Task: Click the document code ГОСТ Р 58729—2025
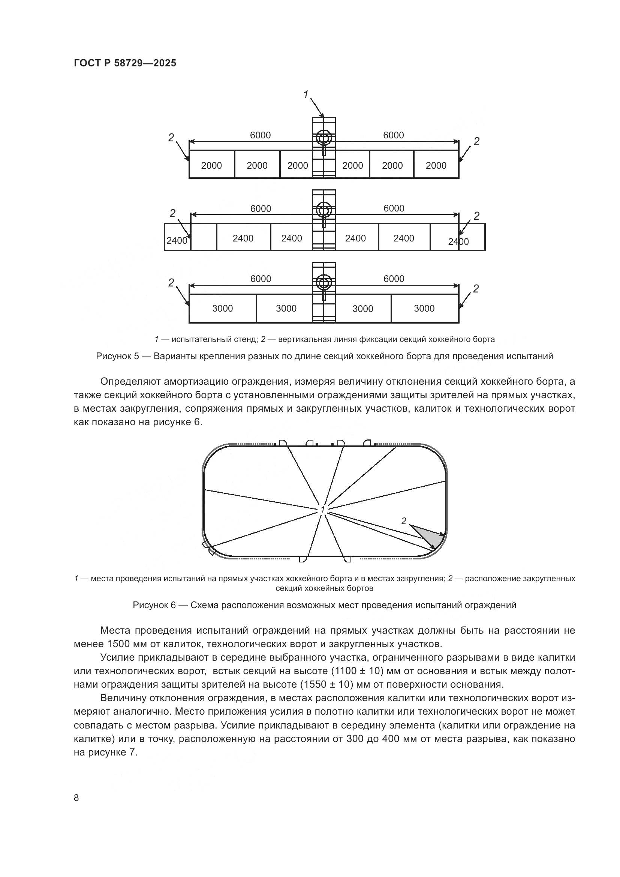pos(125,63)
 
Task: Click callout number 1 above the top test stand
pos(306,94)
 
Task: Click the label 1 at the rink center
pos(323,510)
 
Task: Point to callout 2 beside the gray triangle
pos(404,521)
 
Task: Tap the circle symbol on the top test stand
pos(324,138)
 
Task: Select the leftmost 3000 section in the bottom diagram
pos(223,309)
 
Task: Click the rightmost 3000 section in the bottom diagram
pos(424,309)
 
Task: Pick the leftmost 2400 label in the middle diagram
pos(177,241)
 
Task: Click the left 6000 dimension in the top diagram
pos(261,135)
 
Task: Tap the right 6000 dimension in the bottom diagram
pos(394,279)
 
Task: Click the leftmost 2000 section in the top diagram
pos(211,165)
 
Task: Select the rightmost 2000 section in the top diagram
pos(436,165)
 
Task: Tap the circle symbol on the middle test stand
pos(324,210)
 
